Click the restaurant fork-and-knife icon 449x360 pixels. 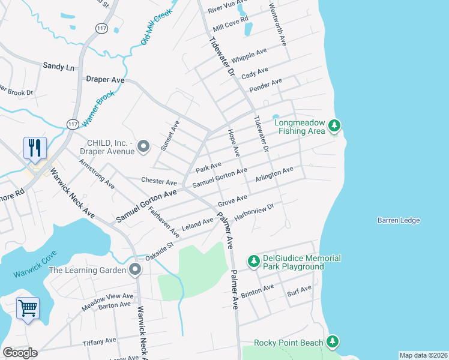(x=35, y=148)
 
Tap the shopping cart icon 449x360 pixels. (x=28, y=308)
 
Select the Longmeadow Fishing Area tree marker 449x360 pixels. (x=334, y=126)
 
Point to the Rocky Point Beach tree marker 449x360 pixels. (x=332, y=343)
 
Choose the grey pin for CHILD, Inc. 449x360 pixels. (x=143, y=146)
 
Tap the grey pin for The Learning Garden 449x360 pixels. (x=135, y=270)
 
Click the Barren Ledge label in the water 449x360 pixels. (x=399, y=221)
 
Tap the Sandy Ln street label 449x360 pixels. (x=58, y=67)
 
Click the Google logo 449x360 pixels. (x=20, y=353)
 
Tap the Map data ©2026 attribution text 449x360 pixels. (x=423, y=355)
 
